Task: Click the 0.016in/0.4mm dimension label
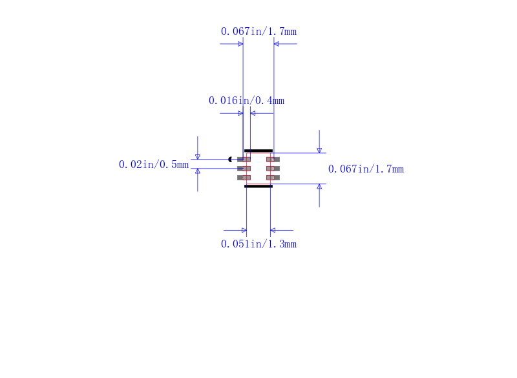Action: click(246, 101)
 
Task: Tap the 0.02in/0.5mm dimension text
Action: click(154, 165)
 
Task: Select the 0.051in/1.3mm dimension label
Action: click(258, 244)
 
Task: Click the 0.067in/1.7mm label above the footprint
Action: click(258, 32)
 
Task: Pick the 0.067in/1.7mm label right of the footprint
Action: click(366, 169)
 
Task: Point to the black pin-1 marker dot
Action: click(230, 160)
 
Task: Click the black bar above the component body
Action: click(258, 151)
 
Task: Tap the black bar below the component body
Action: click(258, 186)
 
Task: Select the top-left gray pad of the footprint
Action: click(244, 160)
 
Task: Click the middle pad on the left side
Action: click(244, 169)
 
